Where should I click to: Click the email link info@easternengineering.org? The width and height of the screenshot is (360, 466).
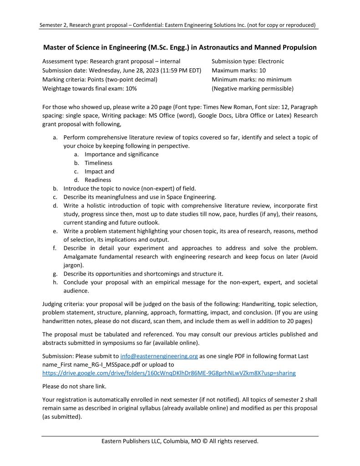(x=159, y=356)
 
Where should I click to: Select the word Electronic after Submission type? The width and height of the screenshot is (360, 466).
(x=278, y=61)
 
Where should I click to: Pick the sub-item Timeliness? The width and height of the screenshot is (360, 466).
(x=98, y=163)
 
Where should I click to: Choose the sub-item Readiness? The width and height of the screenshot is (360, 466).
(x=98, y=180)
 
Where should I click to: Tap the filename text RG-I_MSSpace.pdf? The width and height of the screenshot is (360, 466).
(x=95, y=364)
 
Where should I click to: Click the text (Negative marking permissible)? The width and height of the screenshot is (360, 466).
(x=253, y=88)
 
